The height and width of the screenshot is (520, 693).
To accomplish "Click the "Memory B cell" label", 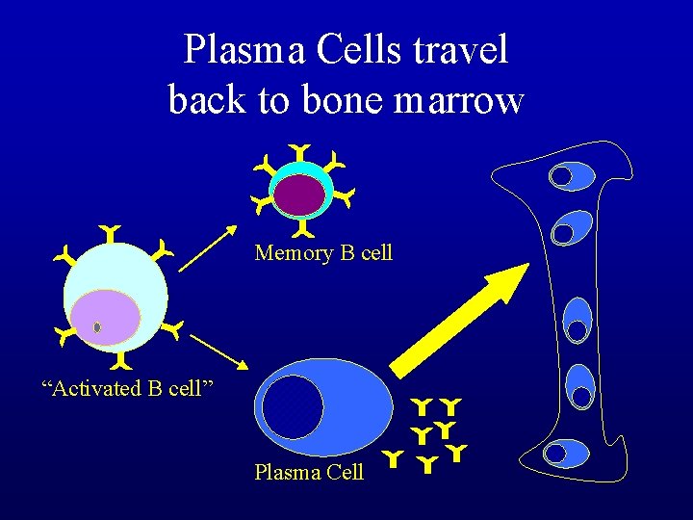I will [x=323, y=253].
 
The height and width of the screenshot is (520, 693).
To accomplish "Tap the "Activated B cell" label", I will [x=126, y=388].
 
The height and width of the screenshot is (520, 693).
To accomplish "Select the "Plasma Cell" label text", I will [x=309, y=472].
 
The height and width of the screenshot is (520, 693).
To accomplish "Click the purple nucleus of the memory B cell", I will [x=299, y=194].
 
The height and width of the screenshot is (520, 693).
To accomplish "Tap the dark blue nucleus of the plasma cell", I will [x=293, y=406].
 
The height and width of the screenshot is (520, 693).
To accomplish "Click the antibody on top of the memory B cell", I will [x=300, y=152].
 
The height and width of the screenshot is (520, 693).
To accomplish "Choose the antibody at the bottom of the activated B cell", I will [x=121, y=362].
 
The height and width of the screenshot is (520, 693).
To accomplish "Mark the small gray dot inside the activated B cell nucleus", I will [x=97, y=327].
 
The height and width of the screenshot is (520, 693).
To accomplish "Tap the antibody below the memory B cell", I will [x=301, y=229].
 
